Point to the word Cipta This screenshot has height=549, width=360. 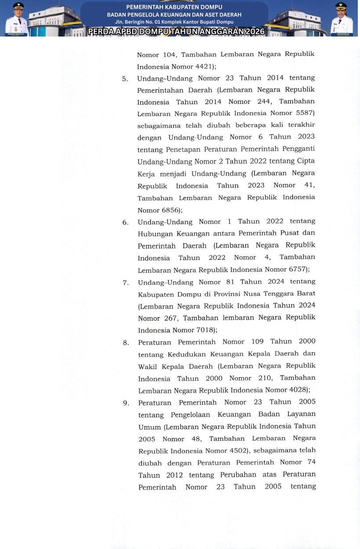305,161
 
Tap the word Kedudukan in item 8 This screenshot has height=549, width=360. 175,354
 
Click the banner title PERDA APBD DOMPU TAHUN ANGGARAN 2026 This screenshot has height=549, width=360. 176,31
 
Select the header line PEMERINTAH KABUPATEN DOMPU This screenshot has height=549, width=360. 174,7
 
